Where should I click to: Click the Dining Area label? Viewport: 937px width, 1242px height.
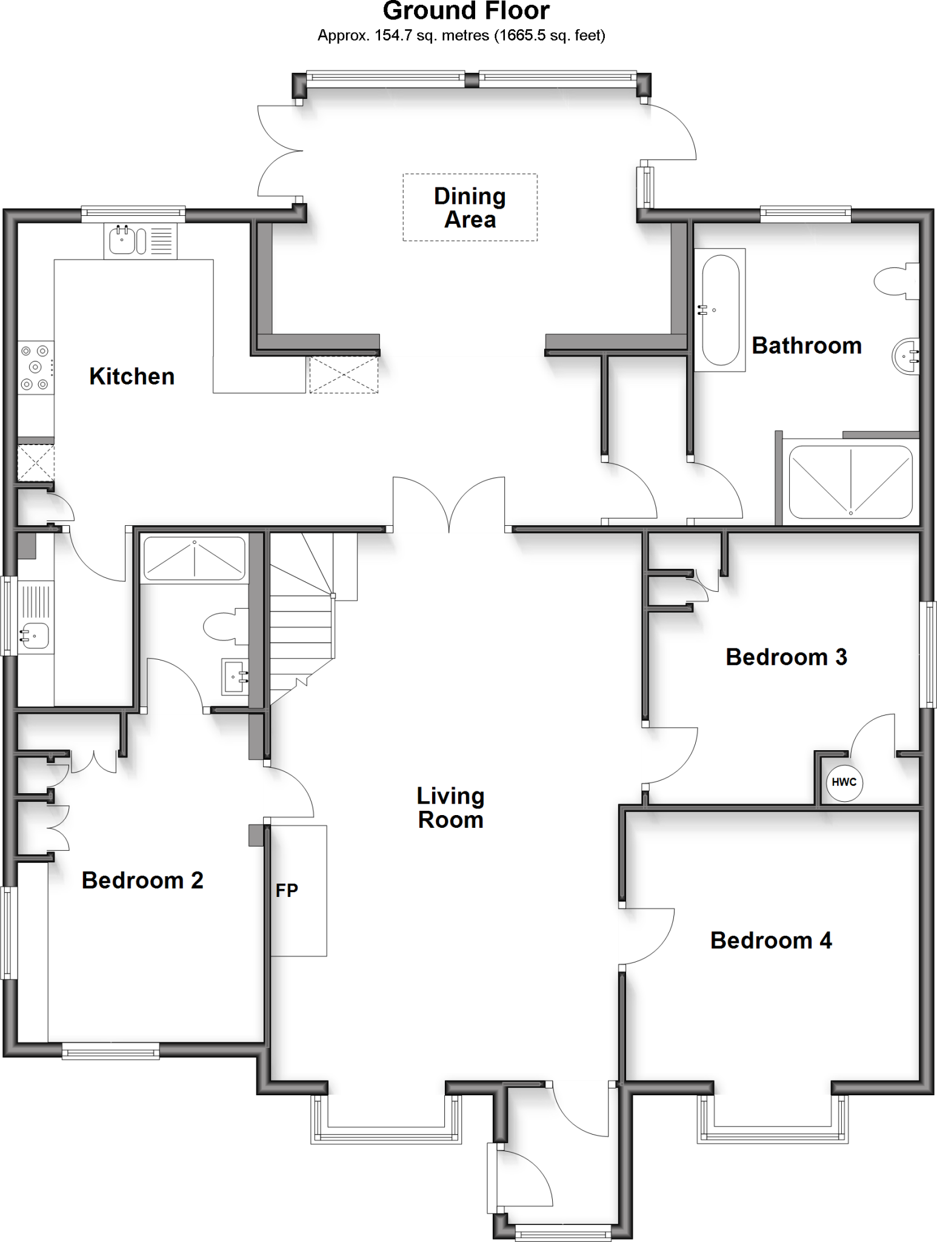[470, 207]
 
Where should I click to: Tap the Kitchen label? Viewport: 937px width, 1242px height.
[132, 377]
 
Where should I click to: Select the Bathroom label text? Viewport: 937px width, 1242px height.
[806, 346]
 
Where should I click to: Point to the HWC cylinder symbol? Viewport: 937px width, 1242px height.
[844, 782]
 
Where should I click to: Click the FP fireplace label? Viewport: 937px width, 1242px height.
[287, 890]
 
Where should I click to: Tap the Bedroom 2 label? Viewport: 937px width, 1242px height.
[142, 880]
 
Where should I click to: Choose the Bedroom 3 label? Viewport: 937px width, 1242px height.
[786, 657]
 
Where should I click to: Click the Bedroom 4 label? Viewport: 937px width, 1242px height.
[771, 941]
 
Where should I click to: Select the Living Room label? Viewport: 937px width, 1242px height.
[450, 808]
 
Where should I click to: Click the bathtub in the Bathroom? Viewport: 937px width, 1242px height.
[719, 309]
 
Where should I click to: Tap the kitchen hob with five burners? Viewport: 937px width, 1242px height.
[35, 367]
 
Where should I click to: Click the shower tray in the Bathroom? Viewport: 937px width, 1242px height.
[850, 482]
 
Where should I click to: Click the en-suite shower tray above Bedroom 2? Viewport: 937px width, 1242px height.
[194, 559]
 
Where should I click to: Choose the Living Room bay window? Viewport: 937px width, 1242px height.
[386, 1119]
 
